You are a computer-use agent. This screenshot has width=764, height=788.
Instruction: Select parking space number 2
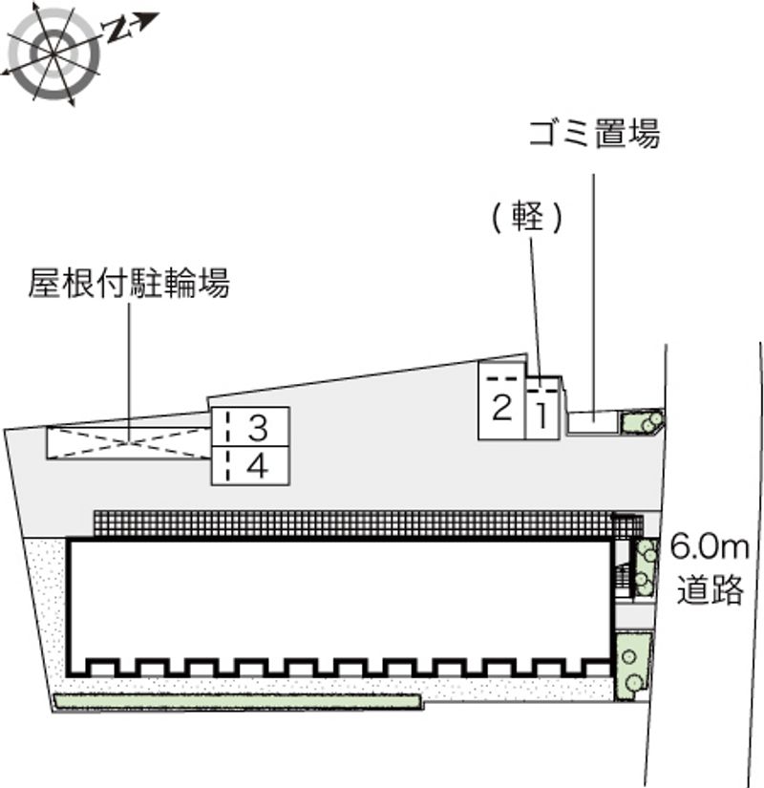click(x=500, y=409)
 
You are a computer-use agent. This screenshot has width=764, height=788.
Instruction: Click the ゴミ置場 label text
click(x=594, y=135)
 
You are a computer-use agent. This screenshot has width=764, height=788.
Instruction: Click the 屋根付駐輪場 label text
click(x=129, y=284)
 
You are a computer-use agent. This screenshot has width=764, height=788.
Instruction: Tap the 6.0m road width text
click(x=710, y=548)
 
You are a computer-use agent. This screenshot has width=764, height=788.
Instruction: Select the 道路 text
click(x=711, y=589)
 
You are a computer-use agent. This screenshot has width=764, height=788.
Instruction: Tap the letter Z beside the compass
click(x=117, y=31)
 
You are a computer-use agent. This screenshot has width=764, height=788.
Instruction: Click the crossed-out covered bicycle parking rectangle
click(x=129, y=442)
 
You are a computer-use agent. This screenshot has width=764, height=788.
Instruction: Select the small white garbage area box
click(x=592, y=421)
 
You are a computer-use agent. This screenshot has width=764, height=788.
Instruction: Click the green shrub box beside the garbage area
click(x=641, y=420)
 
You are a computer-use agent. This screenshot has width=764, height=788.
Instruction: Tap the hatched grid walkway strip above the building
click(x=353, y=523)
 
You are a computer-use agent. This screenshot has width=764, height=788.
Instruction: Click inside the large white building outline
click(x=339, y=597)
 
